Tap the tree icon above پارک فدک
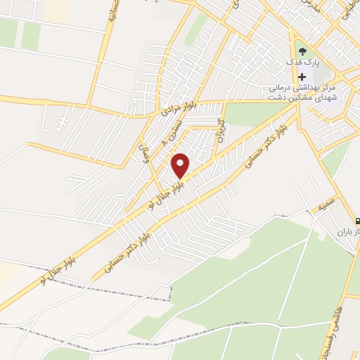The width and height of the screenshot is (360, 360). pyautogui.click(x=303, y=51)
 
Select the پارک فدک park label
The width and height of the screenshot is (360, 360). pyautogui.click(x=303, y=63)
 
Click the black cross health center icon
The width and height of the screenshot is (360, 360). pyautogui.click(x=302, y=77)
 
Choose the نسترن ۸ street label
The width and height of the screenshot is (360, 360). pyautogui.click(x=173, y=131)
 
